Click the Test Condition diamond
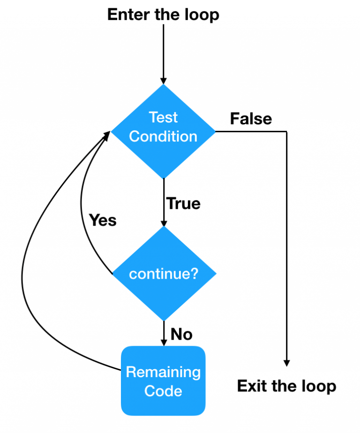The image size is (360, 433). (x=163, y=131)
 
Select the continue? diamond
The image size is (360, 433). (x=163, y=273)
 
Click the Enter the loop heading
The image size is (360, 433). (x=163, y=15)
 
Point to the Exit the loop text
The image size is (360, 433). (x=286, y=386)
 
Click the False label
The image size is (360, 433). (x=251, y=119)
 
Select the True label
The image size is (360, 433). (x=183, y=204)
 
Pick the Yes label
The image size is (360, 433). (x=103, y=220)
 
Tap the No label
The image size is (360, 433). (x=181, y=334)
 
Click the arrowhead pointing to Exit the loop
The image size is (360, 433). (x=286, y=363)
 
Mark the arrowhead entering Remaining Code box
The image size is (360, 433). (x=163, y=342)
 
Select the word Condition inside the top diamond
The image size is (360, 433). (x=163, y=137)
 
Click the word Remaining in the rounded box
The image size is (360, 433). (x=163, y=372)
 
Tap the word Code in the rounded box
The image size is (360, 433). (x=163, y=390)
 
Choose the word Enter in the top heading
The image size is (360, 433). (x=126, y=15)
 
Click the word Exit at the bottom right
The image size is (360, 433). (x=254, y=386)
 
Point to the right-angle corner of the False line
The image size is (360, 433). (x=286, y=131)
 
